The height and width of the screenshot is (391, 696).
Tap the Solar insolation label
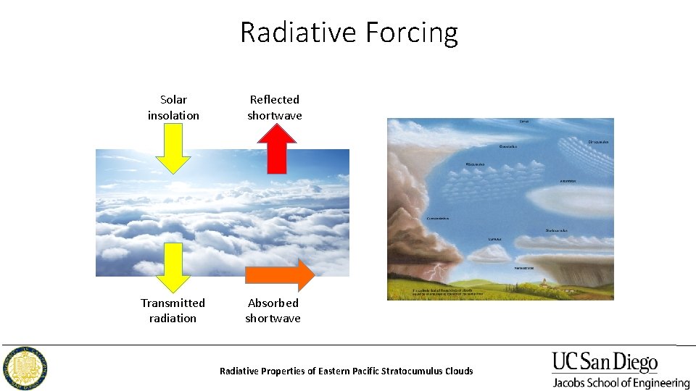[x=173, y=107]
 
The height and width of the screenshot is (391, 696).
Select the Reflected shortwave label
[x=274, y=107]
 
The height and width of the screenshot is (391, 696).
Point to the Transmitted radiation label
[x=173, y=311]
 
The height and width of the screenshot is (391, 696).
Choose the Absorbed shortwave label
[x=273, y=311]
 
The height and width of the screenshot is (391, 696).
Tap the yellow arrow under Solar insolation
[x=173, y=148]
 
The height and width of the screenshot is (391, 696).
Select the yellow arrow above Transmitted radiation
[x=173, y=268]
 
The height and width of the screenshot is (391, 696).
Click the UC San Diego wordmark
[x=605, y=361]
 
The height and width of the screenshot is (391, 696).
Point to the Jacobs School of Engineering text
[x=621, y=383]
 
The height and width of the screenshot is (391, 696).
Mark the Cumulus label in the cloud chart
[x=494, y=238]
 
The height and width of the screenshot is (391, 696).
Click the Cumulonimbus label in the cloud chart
[x=438, y=218]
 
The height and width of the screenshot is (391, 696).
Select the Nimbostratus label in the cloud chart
[x=524, y=268]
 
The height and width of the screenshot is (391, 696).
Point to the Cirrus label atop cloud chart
[x=523, y=122]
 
